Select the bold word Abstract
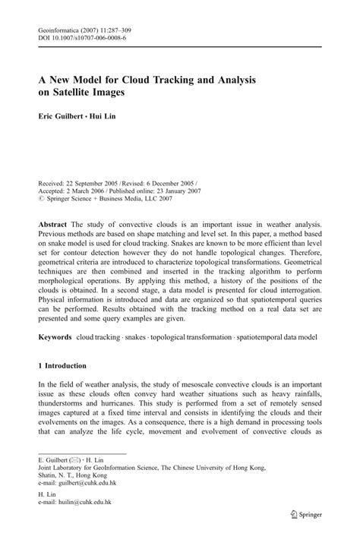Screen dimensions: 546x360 click(54, 226)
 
